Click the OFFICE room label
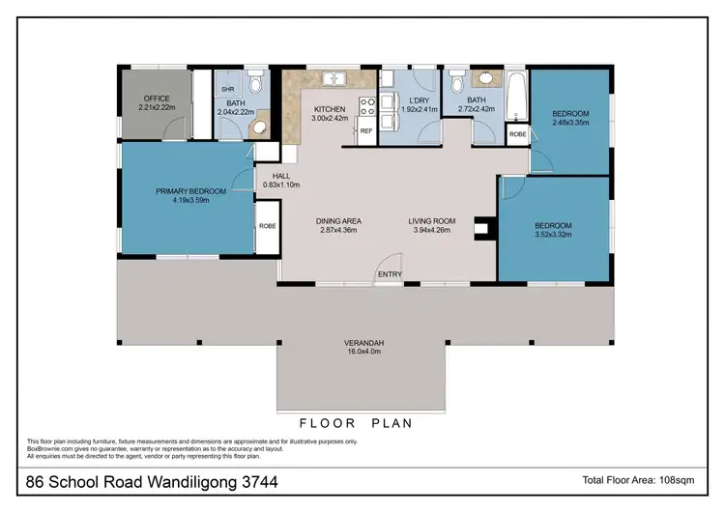point(157,99)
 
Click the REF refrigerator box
point(366,129)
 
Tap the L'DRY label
point(418,100)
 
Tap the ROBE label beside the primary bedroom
point(267,225)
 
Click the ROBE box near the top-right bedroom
point(517,134)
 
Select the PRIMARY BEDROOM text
point(190,191)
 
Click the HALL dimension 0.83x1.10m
point(280,185)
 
